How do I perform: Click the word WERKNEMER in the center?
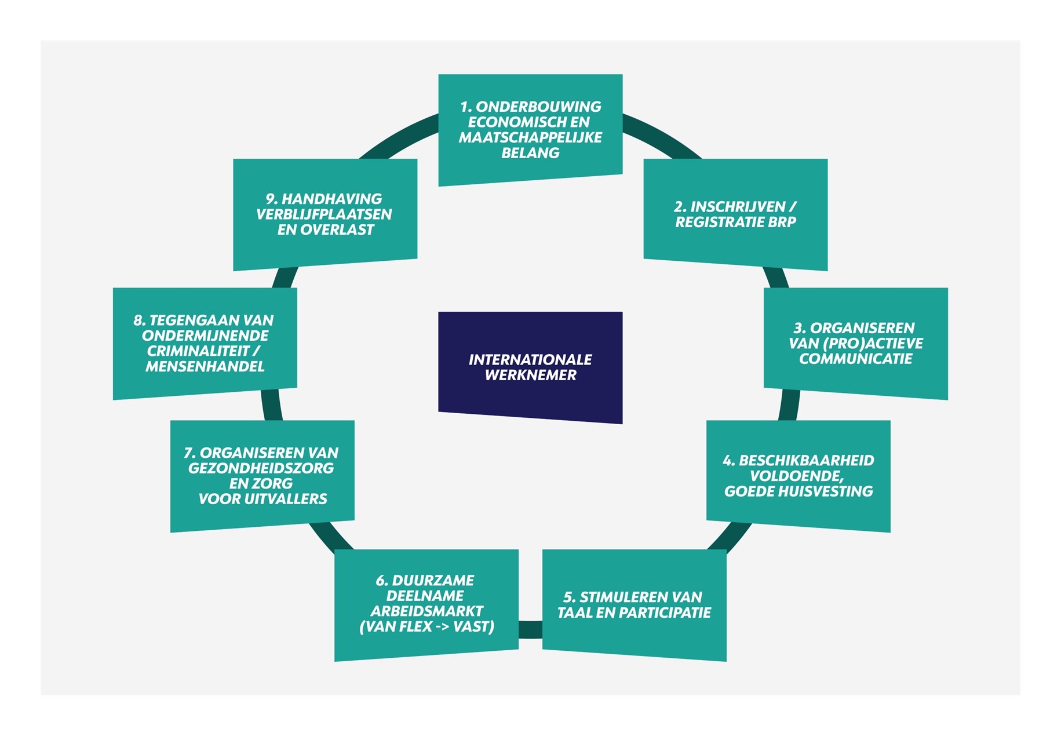(530, 376)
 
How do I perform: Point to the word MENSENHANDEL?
(205, 367)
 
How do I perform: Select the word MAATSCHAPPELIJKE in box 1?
(530, 138)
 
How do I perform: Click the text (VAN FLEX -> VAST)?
(426, 627)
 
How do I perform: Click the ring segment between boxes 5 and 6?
(530, 629)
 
